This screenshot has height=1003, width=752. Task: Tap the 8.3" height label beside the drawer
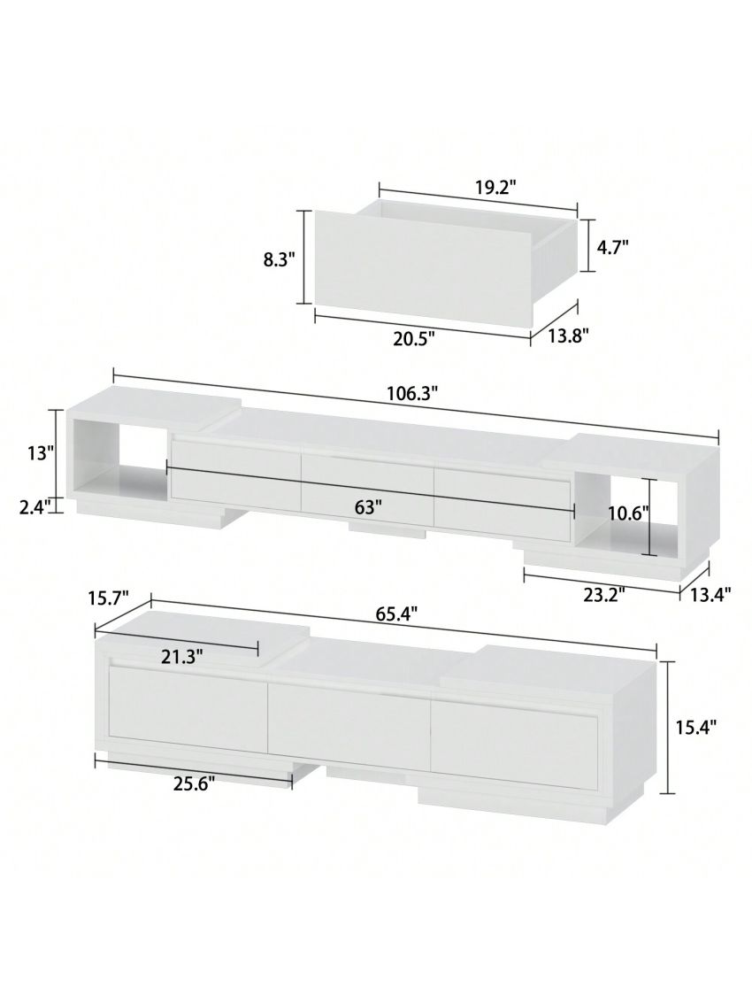click(279, 258)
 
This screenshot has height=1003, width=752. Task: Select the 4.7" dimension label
click(612, 247)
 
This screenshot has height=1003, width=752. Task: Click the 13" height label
click(41, 453)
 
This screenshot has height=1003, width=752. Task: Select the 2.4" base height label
click(35, 505)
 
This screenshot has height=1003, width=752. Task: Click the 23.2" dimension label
click(603, 594)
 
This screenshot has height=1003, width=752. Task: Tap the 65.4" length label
click(395, 612)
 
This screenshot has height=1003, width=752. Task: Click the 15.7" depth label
click(109, 599)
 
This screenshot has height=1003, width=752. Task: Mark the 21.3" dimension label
click(182, 656)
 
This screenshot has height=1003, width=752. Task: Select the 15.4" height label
click(695, 727)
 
